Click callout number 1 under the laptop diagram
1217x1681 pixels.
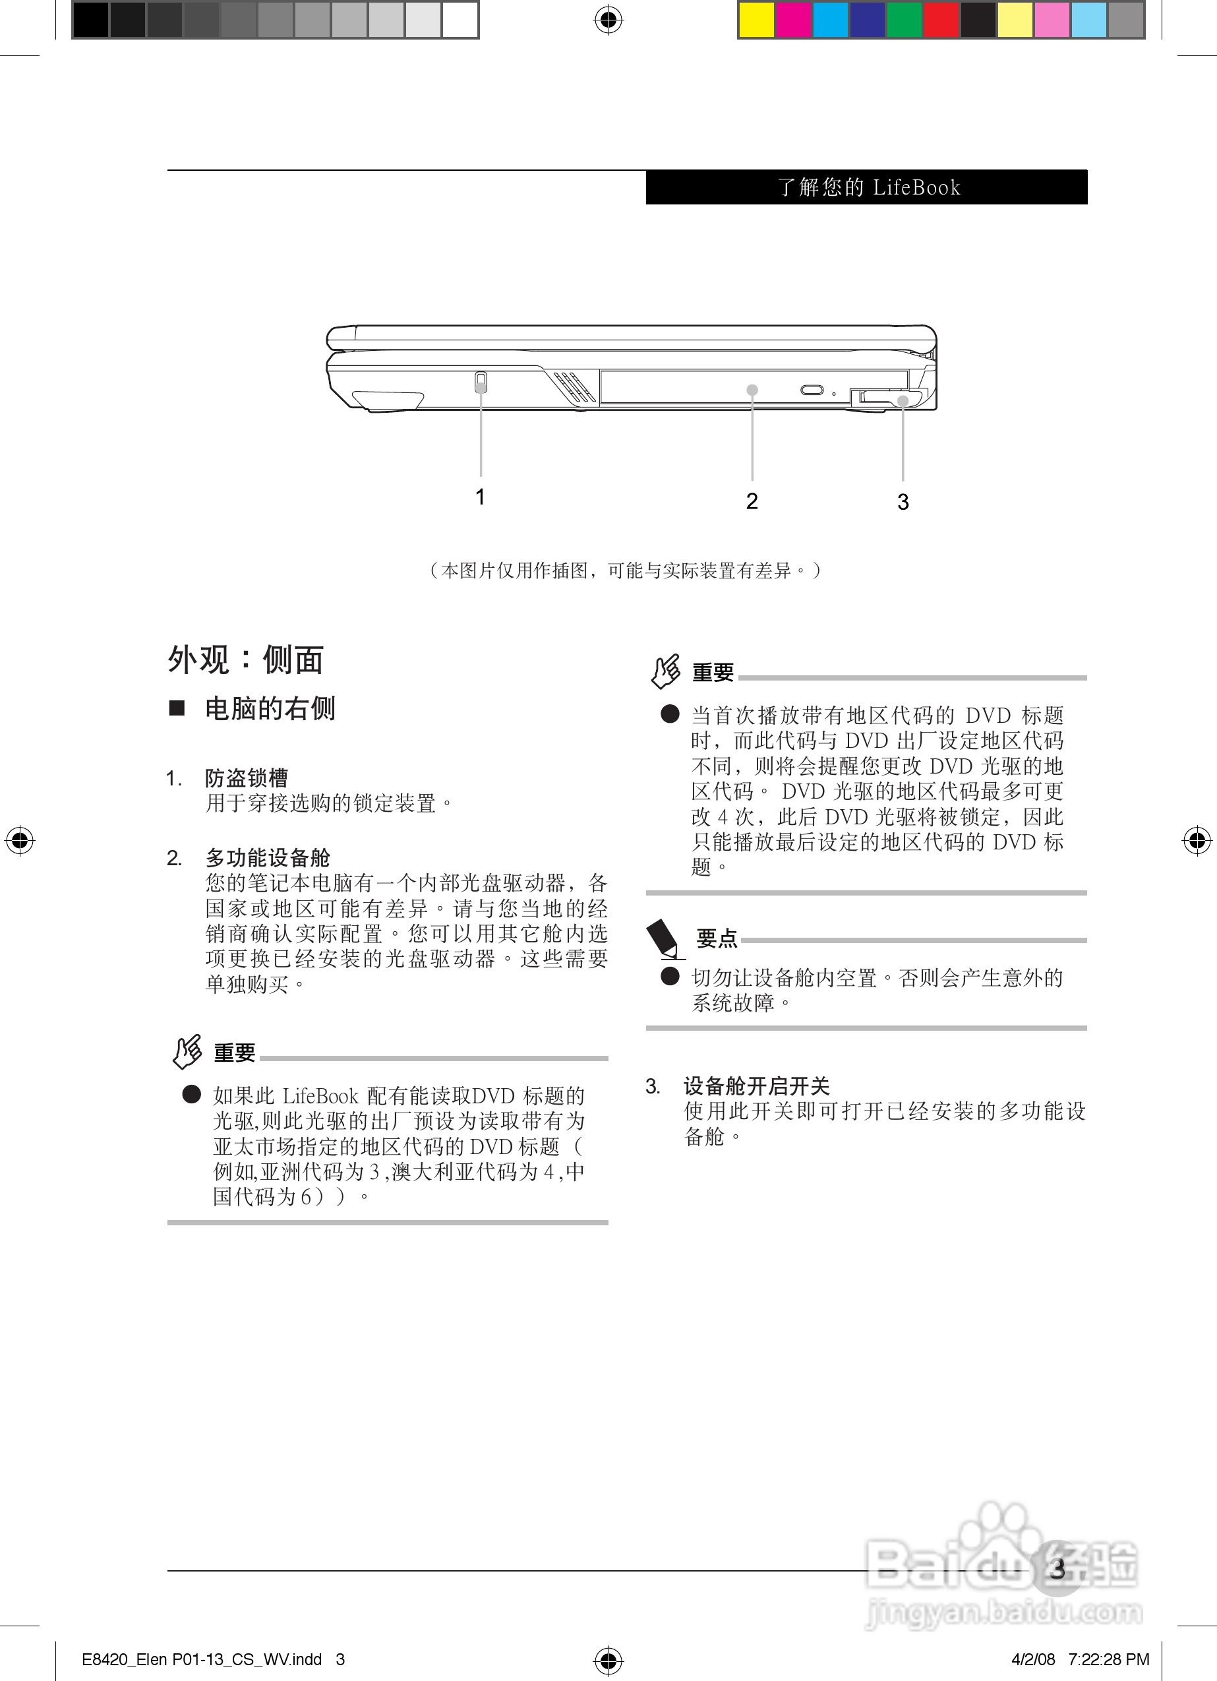(481, 497)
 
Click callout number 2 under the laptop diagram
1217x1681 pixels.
(752, 501)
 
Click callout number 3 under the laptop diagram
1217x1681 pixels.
(903, 502)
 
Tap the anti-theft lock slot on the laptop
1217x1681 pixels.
(481, 382)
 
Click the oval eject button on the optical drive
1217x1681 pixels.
(812, 390)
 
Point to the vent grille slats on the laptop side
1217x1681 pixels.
(574, 385)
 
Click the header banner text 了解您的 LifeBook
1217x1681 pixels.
(869, 187)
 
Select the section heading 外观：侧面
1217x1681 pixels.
(245, 659)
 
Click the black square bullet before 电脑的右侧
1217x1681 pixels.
(177, 708)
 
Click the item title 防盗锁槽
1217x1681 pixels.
(247, 778)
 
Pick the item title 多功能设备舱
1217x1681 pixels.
(268, 857)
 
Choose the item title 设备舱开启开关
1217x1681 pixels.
(756, 1086)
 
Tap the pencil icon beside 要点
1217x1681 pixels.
(665, 938)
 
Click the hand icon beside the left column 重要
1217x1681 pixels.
(187, 1051)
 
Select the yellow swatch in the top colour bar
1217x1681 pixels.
(757, 20)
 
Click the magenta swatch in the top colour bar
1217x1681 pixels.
(793, 20)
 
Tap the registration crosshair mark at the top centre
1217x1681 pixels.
(608, 20)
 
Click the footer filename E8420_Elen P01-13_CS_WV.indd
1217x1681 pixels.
(202, 1659)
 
